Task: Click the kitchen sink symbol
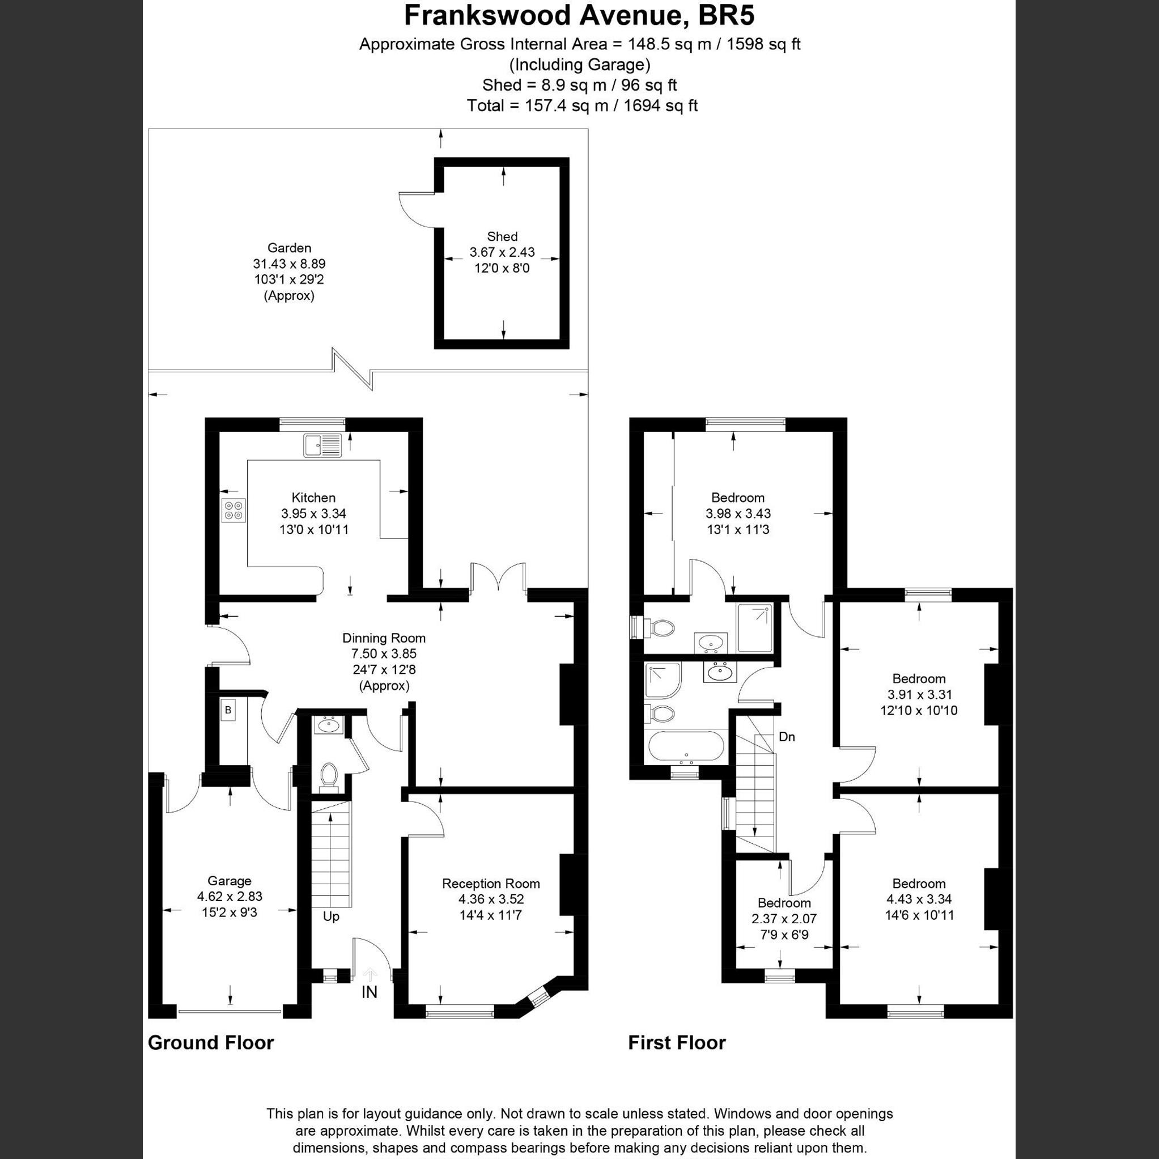pyautogui.click(x=322, y=445)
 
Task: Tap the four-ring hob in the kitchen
pyautogui.click(x=234, y=511)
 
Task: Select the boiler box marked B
pyautogui.click(x=228, y=710)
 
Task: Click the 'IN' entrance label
pyautogui.click(x=370, y=992)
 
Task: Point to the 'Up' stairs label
pyautogui.click(x=331, y=916)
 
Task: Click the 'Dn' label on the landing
pyautogui.click(x=787, y=737)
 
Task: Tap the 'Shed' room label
pyautogui.click(x=502, y=236)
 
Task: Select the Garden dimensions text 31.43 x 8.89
pyautogui.click(x=289, y=264)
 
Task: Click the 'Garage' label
pyautogui.click(x=229, y=881)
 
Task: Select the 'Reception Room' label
pyautogui.click(x=491, y=883)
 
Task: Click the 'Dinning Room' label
pyautogui.click(x=384, y=638)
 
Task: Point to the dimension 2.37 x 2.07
pyautogui.click(x=784, y=919)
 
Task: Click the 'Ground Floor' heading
pyautogui.click(x=211, y=1059)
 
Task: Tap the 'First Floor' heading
pyautogui.click(x=677, y=1059)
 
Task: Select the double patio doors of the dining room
pyautogui.click(x=499, y=579)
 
